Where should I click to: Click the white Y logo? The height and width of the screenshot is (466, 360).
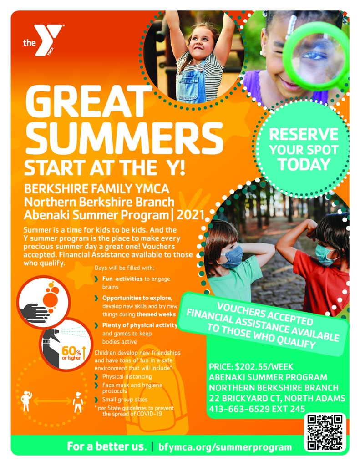48,40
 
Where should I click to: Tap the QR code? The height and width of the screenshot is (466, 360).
325,432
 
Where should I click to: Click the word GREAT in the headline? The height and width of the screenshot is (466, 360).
89,101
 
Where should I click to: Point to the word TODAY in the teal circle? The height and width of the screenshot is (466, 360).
304,164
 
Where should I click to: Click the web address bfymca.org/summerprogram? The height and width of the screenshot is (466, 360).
225,447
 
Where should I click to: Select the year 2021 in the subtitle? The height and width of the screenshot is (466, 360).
190,215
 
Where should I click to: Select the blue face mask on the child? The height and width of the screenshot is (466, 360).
232,257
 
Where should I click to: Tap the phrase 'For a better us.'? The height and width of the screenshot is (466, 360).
106,446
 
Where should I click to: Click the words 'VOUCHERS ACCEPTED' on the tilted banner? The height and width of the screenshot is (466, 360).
265,314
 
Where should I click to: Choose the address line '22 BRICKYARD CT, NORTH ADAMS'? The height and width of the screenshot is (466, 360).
277,398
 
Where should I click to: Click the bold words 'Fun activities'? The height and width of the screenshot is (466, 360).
122,279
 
